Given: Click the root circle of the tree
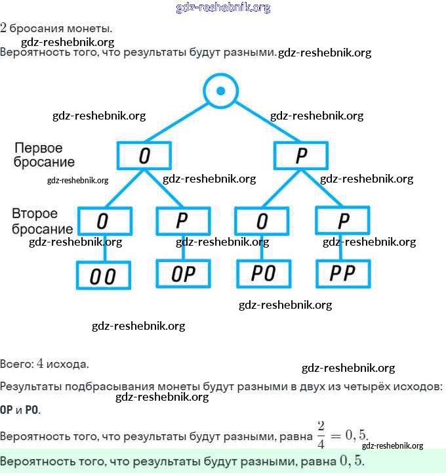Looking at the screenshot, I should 221,91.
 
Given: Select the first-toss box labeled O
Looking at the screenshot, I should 144,156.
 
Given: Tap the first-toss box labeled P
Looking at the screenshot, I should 301,156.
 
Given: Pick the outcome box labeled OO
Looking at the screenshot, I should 104,276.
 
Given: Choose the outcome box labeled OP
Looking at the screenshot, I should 183,273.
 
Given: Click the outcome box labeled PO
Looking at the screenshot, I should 262,273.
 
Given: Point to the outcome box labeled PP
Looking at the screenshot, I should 342,273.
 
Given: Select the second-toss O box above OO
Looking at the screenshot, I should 104,221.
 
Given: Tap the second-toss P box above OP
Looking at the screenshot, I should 183,221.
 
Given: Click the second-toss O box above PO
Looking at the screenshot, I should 262,221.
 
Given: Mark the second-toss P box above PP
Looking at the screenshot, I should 342,221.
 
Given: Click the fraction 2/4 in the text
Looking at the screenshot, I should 321,434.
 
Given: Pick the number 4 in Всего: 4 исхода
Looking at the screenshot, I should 40,363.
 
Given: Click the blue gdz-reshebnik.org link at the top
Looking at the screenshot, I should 223,8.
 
